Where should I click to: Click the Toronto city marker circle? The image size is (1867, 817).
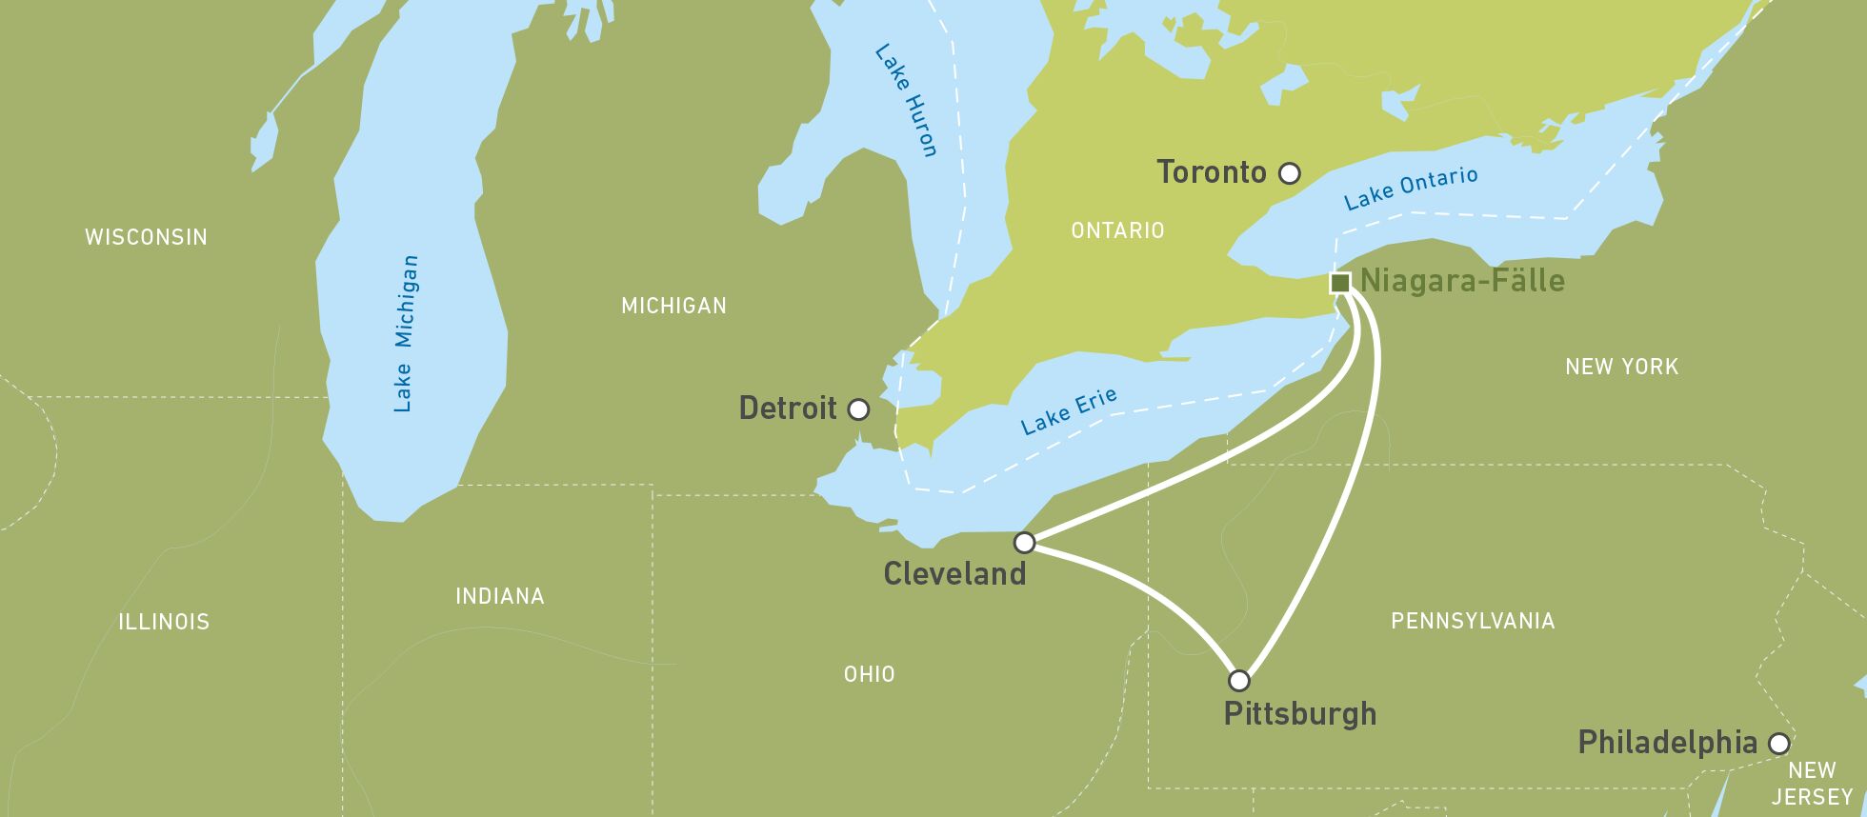click(1289, 173)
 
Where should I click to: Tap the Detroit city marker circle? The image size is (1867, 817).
click(858, 409)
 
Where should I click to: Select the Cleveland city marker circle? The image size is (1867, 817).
click(1024, 543)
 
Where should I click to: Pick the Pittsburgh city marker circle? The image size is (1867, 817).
click(1238, 680)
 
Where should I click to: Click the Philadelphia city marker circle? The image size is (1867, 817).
click(1778, 744)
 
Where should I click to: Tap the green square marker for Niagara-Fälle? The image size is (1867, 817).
click(1339, 282)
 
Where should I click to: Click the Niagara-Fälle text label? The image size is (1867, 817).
click(1462, 281)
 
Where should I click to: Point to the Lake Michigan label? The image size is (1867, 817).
click(405, 333)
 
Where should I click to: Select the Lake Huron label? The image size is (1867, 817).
click(906, 100)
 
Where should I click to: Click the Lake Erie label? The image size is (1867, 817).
click(1068, 411)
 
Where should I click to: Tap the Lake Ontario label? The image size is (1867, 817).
click(1411, 188)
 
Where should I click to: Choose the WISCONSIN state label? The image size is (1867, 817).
click(146, 237)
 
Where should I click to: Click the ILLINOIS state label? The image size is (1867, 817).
click(164, 622)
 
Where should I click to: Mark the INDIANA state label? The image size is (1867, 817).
click(500, 596)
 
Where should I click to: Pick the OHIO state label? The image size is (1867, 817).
click(869, 674)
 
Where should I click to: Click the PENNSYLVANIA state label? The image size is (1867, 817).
click(1473, 621)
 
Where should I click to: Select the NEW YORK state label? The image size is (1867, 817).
click(1621, 367)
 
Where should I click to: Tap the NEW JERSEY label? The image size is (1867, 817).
click(1812, 784)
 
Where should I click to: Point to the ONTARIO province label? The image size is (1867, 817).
click(1117, 230)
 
